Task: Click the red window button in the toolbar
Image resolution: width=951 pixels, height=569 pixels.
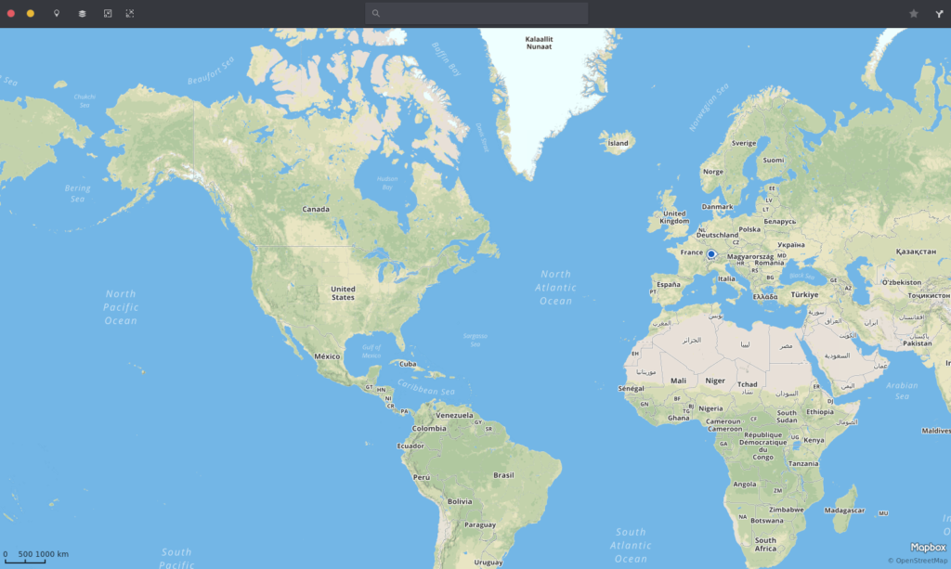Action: tap(11, 14)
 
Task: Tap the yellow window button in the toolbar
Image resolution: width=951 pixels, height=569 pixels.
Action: tap(31, 14)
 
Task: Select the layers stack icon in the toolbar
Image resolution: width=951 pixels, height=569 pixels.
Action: tap(82, 14)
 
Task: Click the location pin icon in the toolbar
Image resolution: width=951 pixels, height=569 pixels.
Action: tap(57, 14)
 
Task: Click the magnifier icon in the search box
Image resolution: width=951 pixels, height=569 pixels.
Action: tap(376, 14)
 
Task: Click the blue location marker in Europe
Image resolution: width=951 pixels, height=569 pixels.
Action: tap(711, 254)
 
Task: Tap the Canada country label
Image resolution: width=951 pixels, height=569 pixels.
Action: tap(316, 209)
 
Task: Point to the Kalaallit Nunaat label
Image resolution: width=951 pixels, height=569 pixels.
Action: tap(539, 43)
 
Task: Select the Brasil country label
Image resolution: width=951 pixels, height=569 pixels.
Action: tap(503, 475)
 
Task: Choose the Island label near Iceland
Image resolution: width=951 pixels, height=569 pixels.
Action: tap(618, 144)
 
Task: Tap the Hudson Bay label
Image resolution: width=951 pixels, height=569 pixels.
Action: tap(386, 183)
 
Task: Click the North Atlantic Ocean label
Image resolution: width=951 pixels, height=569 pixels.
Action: tap(555, 287)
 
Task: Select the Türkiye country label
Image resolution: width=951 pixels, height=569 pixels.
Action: tap(804, 294)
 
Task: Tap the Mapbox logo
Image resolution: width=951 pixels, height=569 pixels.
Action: tap(928, 548)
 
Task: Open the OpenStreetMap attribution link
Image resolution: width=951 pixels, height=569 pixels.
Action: tap(919, 561)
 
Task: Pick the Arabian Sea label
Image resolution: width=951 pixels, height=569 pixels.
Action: tap(902, 390)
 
